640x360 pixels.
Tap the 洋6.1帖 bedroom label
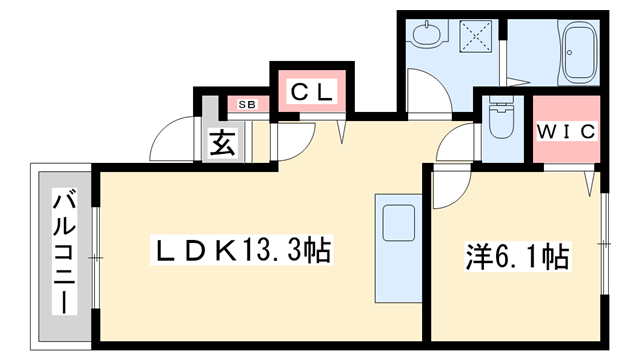click(x=517, y=259)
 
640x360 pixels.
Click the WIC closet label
click(x=566, y=131)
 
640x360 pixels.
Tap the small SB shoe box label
click(x=246, y=104)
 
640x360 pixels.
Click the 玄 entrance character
click(x=222, y=144)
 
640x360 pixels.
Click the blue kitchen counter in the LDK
click(x=400, y=246)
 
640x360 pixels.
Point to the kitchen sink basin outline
click(x=400, y=218)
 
